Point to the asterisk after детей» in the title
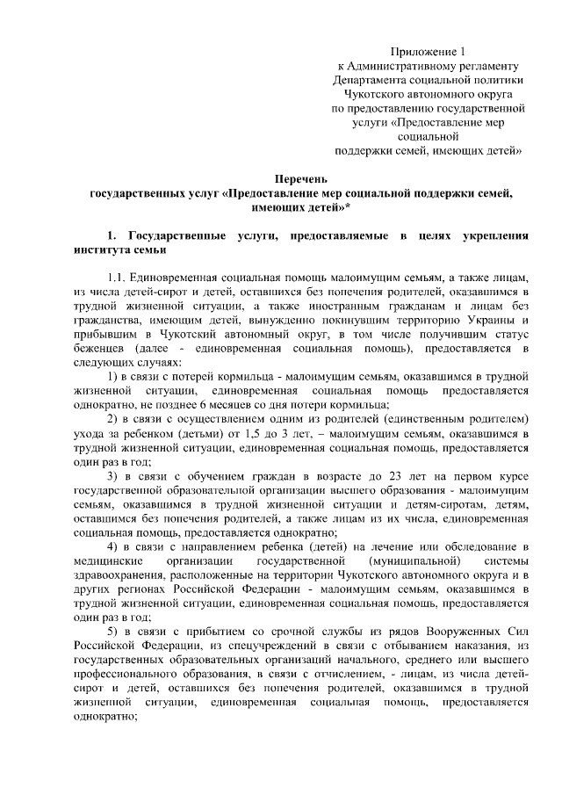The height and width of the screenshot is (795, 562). (348, 207)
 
